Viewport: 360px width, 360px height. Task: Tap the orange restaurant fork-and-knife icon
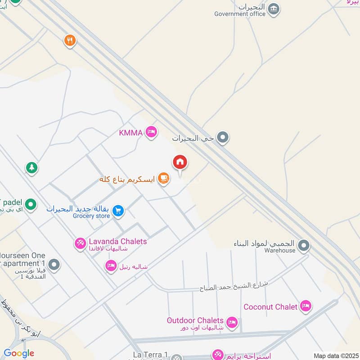pyautogui.click(x=69, y=41)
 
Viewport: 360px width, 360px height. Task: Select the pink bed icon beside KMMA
pyautogui.click(x=152, y=132)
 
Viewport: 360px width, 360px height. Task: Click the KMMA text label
pyautogui.click(x=131, y=132)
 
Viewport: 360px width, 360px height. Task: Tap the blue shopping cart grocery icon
pyautogui.click(x=118, y=211)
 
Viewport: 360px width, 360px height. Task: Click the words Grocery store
pyautogui.click(x=91, y=216)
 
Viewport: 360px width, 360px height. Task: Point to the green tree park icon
pyautogui.click(x=31, y=168)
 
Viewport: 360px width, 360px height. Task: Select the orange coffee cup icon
pyautogui.click(x=164, y=179)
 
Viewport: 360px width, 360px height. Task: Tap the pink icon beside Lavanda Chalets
pyautogui.click(x=80, y=243)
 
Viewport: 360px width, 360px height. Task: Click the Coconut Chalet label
pyautogui.click(x=270, y=307)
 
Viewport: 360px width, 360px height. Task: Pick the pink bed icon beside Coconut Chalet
pyautogui.click(x=306, y=306)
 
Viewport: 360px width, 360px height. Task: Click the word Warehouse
pyautogui.click(x=280, y=250)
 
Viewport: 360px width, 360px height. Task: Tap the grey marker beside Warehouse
pyautogui.click(x=304, y=246)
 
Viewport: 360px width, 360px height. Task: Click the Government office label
pyautogui.click(x=240, y=14)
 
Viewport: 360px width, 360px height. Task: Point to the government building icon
pyautogui.click(x=273, y=9)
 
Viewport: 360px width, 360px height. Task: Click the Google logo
pyautogui.click(x=19, y=353)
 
